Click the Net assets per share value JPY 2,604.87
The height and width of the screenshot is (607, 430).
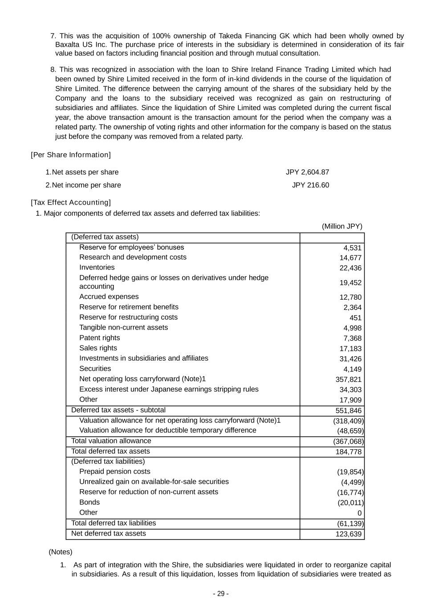[x=307, y=172]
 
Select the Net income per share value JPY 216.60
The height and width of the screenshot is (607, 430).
[x=310, y=185]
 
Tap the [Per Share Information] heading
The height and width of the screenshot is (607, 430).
[x=71, y=155]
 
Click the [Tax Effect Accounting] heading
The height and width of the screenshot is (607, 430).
[x=71, y=202]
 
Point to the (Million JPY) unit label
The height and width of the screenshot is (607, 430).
[x=342, y=226]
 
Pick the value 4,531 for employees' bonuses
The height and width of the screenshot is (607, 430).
[x=352, y=248]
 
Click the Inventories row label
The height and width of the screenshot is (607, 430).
[x=97, y=267]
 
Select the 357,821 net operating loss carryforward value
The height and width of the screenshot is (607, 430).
[x=348, y=379]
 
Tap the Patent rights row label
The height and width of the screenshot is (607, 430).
[x=99, y=338]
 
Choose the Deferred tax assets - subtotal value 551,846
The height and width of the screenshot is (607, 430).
[x=348, y=410]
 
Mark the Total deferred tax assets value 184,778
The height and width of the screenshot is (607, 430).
[x=348, y=452]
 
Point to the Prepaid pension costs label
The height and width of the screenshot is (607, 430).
[x=114, y=471]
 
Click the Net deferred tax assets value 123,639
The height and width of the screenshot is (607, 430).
[x=348, y=534]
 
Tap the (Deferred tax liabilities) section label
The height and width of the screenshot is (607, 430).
[x=108, y=461]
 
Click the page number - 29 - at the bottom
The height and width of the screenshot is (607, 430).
[x=221, y=594]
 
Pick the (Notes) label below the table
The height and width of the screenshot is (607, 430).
[x=61, y=552]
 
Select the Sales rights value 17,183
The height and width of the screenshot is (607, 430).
[x=350, y=349]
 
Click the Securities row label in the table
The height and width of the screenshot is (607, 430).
[x=95, y=368]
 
